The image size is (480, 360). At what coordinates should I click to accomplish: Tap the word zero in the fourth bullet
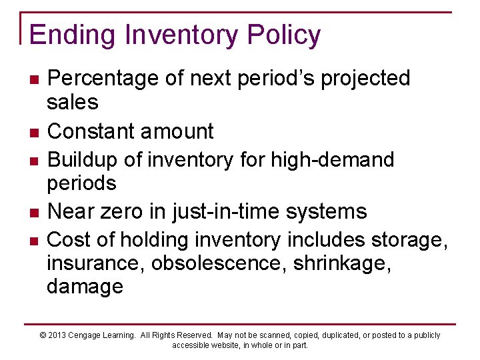129,211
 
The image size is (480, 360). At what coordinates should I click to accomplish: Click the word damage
85,287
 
